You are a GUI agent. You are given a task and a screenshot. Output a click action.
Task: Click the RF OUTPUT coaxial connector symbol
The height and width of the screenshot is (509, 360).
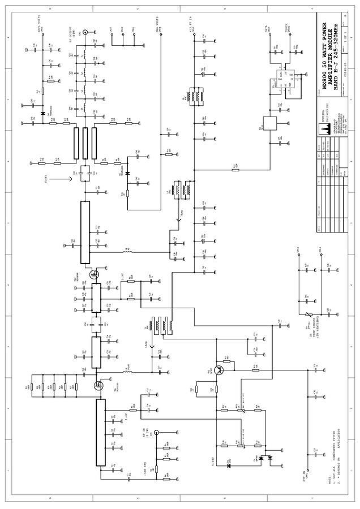click(85, 34)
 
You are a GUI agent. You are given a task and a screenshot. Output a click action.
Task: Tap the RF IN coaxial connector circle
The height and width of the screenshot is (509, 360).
click(157, 431)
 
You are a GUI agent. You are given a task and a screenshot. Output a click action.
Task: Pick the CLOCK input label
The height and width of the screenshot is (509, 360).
click(286, 29)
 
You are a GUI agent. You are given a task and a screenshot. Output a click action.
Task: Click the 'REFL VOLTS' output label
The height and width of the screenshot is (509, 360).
click(39, 28)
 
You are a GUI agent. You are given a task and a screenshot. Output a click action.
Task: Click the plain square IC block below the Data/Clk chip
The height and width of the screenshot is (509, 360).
click(268, 123)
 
